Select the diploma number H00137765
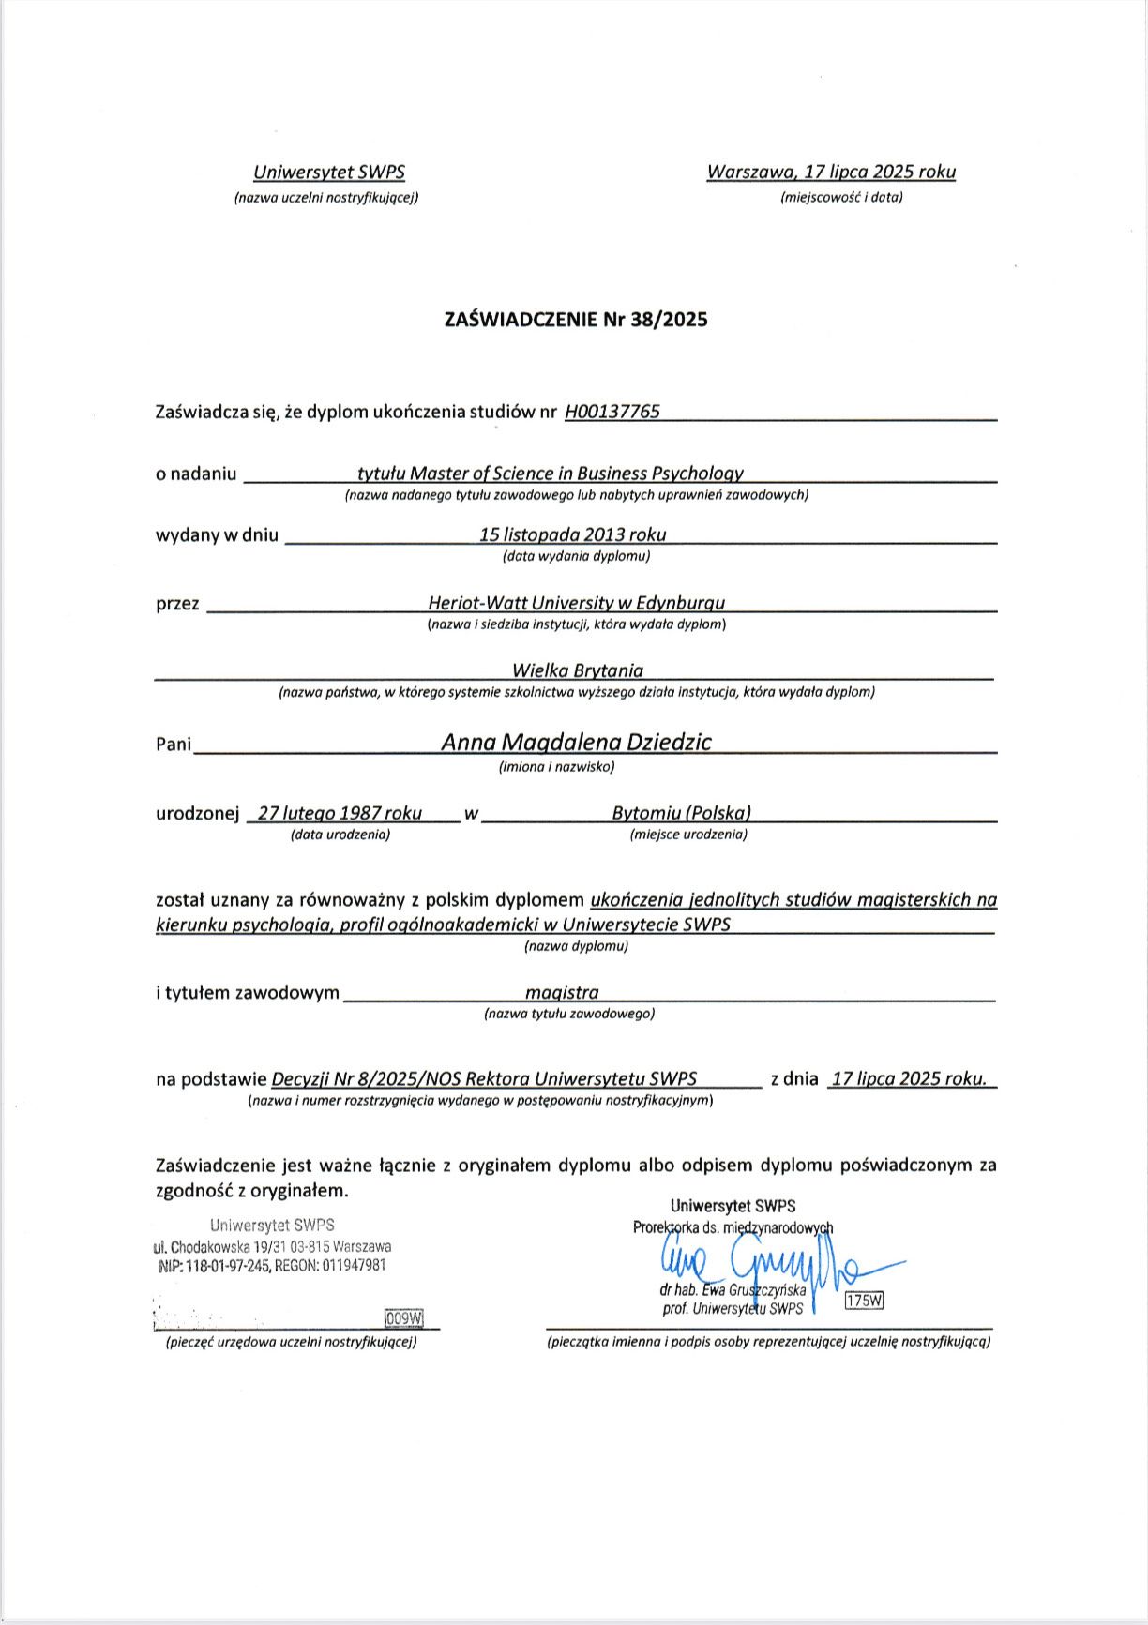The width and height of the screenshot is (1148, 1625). tap(612, 412)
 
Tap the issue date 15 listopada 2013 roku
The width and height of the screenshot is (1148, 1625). tap(572, 534)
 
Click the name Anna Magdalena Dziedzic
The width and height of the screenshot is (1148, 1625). tap(576, 742)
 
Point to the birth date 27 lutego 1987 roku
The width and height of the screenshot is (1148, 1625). tap(340, 813)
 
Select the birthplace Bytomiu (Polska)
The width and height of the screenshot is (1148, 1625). tap(681, 813)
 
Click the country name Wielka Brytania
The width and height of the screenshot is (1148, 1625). tap(578, 670)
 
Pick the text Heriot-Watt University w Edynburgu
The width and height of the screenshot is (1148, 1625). tap(576, 603)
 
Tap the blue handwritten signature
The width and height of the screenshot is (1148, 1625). tap(760, 1266)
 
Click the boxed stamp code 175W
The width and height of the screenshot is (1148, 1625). tap(864, 1301)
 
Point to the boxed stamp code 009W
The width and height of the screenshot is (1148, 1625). tap(404, 1318)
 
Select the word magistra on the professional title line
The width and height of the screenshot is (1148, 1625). tap(562, 992)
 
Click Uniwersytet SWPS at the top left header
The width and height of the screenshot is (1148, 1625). tap(329, 173)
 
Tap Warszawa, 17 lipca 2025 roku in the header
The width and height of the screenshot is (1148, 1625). tap(831, 172)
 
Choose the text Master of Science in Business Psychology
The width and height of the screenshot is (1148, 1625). tap(577, 474)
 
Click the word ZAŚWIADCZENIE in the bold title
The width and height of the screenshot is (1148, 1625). tap(520, 320)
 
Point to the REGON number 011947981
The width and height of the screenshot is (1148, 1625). tap(354, 1265)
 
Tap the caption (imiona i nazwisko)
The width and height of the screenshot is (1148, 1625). tap(556, 767)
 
